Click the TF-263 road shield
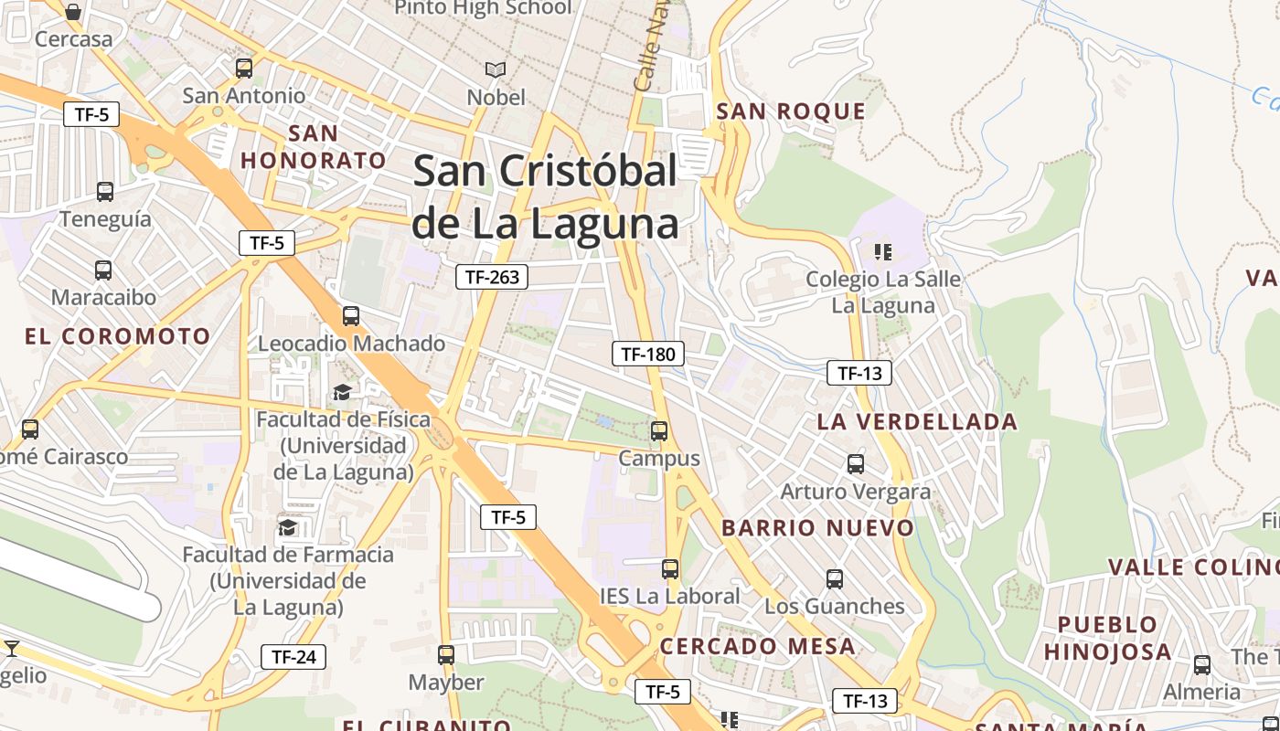pos(492,277)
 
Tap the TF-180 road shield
pos(647,354)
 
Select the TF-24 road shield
pos(293,656)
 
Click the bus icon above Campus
pos(659,431)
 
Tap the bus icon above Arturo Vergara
pos(855,464)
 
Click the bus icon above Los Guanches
pos(834,579)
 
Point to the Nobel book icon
pos(496,69)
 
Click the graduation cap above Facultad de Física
pos(342,393)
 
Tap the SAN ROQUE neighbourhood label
pos(791,111)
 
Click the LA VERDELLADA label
pos(917,421)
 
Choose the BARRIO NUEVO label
pos(817,527)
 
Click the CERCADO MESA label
pos(758,646)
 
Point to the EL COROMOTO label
pos(118,336)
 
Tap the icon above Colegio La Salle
pos(882,251)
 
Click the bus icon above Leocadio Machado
pos(351,316)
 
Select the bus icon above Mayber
pos(445,655)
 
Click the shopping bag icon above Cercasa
pos(73,12)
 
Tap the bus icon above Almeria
pos(1201,664)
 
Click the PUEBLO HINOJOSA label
pos(1107,638)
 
